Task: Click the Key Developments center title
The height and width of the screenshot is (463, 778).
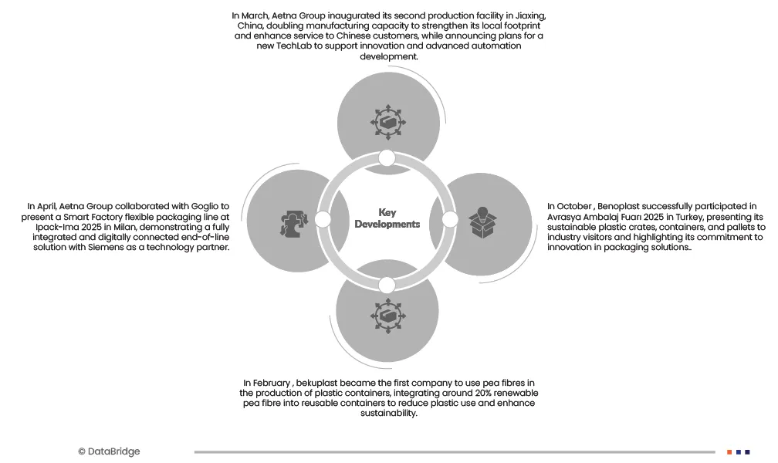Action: [x=387, y=218]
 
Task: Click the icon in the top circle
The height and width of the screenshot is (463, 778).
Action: [x=387, y=121]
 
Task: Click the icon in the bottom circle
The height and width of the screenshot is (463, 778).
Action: [x=387, y=316]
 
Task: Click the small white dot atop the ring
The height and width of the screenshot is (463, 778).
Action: [x=387, y=158]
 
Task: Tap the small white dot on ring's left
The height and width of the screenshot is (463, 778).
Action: [x=323, y=220]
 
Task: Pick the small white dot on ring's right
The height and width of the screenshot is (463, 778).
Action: [x=450, y=220]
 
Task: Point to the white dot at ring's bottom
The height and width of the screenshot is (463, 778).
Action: [x=387, y=285]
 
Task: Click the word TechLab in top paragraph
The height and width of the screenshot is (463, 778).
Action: [x=298, y=46]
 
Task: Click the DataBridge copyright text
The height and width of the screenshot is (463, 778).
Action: [x=109, y=451]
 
